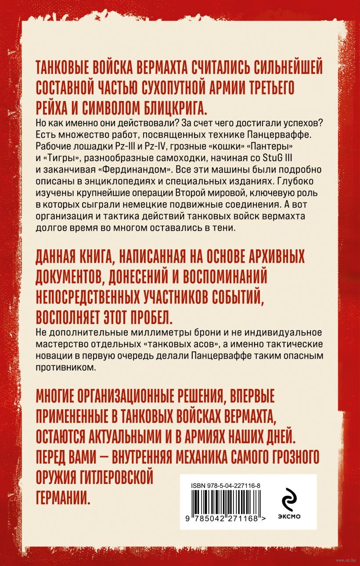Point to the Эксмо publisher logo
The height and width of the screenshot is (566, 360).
tap(288, 504)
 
